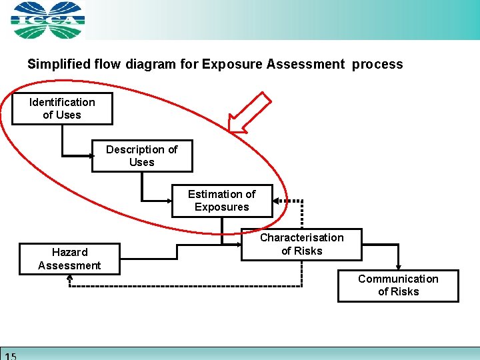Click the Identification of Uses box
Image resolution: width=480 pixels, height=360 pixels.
coord(62,109)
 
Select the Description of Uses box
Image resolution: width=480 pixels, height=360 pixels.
coord(142,156)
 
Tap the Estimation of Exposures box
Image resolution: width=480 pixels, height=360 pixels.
coord(222,201)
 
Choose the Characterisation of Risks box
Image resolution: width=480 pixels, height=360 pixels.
coord(302,244)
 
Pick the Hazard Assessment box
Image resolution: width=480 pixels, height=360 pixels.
coord(69,259)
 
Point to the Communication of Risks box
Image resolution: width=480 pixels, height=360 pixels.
coord(398,285)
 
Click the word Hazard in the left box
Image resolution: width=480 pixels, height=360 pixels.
coord(69,252)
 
